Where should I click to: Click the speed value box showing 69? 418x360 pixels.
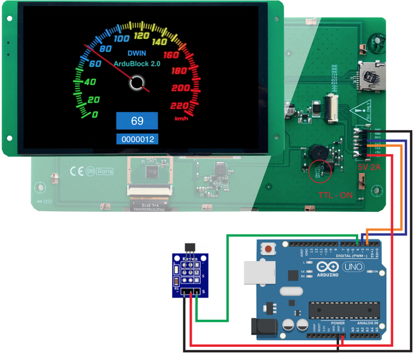pos(137,121)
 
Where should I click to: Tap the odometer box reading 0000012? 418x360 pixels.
pos(137,140)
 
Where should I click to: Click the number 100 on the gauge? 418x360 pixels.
pos(122,38)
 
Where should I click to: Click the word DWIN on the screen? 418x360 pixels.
pos(137,53)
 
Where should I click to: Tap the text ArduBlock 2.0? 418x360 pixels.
pos(137,63)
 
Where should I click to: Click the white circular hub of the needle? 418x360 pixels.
pos(137,83)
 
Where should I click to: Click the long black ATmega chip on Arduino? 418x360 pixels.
pos(343,311)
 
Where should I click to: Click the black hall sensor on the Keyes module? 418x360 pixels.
pos(190,257)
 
